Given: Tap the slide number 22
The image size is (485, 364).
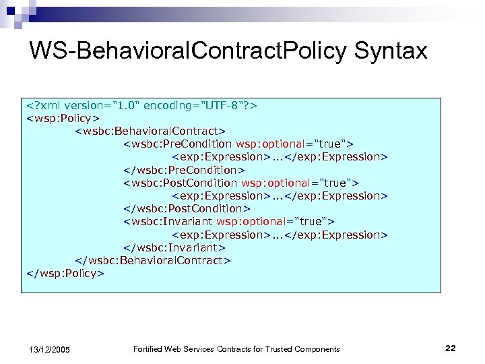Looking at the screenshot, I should coord(451,348).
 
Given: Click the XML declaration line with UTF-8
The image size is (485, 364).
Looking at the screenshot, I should coord(142,105).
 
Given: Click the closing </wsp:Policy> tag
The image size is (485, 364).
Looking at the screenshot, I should coord(65,273).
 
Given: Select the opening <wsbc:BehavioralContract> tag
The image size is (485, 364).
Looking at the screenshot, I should coord(150,131).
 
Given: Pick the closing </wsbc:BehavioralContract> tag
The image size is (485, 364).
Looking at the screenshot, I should coord(153,260).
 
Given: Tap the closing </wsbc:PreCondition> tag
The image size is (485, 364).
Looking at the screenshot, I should coord(184,170).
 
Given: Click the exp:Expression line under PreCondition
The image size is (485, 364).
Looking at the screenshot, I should coord(280,157).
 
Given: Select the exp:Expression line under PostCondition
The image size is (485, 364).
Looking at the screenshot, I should coord(280,196).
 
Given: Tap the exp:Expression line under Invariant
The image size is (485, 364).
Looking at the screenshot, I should coord(280,235).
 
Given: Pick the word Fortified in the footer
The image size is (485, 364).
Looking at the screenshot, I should coord(148,348).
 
